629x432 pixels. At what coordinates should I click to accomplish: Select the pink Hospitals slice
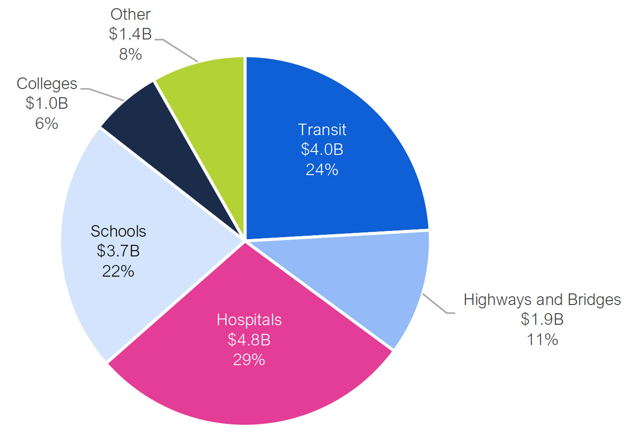250,385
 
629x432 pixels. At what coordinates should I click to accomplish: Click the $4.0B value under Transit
322,150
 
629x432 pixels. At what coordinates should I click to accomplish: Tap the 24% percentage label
322,169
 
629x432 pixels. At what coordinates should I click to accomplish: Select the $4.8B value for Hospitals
249,340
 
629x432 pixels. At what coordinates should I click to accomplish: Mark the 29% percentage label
249,359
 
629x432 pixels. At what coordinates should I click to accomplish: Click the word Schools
118,231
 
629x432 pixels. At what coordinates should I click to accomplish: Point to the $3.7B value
118,251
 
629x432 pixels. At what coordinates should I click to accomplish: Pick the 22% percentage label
118,271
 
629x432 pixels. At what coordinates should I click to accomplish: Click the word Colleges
47,84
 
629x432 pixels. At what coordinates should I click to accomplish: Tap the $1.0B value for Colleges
47,103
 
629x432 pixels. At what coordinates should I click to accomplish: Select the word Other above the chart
130,14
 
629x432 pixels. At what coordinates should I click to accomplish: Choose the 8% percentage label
130,54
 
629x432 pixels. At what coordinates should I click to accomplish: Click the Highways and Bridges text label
542,300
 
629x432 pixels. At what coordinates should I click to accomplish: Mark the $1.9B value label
542,319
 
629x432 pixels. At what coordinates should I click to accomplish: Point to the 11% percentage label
542,339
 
